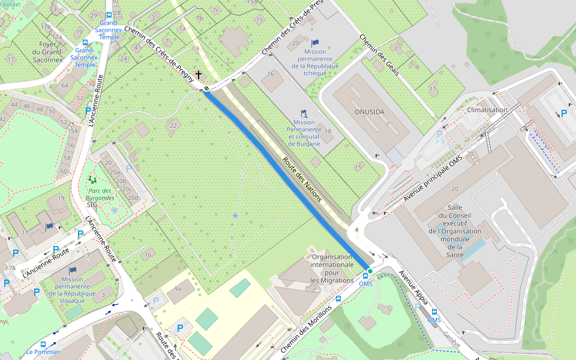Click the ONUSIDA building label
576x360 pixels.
pos(369,112)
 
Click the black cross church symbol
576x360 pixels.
pos(198,76)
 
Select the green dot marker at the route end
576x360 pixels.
pos(370,272)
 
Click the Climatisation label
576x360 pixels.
pos(487,110)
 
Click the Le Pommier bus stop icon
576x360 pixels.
pos(43,344)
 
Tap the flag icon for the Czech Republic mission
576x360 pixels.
pos(315,43)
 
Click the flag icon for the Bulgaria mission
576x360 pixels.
pos(304,113)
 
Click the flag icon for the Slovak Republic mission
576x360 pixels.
pos(73,270)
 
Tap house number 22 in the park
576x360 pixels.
pos(173,125)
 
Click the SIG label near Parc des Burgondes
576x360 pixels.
pos(92,205)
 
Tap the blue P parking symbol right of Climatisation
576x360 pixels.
pos(563,113)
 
